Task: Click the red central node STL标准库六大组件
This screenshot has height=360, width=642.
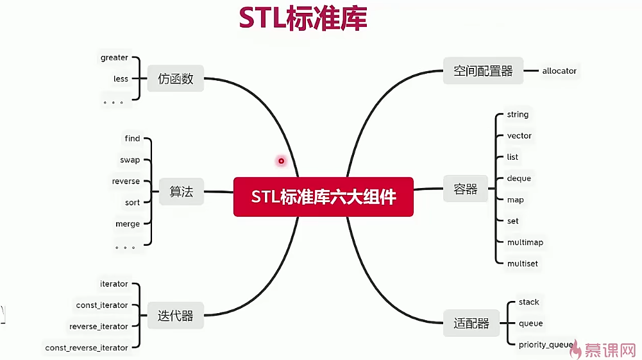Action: point(323,196)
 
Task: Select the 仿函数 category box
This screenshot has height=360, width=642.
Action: point(175,79)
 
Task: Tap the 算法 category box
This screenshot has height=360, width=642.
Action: point(181,192)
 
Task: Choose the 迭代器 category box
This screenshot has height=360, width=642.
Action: point(175,315)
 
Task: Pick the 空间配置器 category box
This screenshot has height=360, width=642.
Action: point(483,71)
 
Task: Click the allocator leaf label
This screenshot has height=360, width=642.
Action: point(559,71)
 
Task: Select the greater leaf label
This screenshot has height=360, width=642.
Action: point(114,58)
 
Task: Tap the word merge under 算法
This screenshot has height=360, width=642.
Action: point(127,224)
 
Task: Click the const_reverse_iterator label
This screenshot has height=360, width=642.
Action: point(87,348)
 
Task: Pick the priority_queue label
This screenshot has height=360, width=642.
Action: point(546,345)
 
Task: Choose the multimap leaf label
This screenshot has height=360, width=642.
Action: point(525,242)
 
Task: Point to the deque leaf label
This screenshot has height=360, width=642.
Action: point(519,178)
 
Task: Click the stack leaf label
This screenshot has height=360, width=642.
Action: point(528,302)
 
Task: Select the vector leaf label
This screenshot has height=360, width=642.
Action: point(519,135)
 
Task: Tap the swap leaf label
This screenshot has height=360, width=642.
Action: point(130,160)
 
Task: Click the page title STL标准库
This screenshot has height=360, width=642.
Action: point(303,18)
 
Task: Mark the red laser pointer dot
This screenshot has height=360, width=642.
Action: point(281,160)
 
